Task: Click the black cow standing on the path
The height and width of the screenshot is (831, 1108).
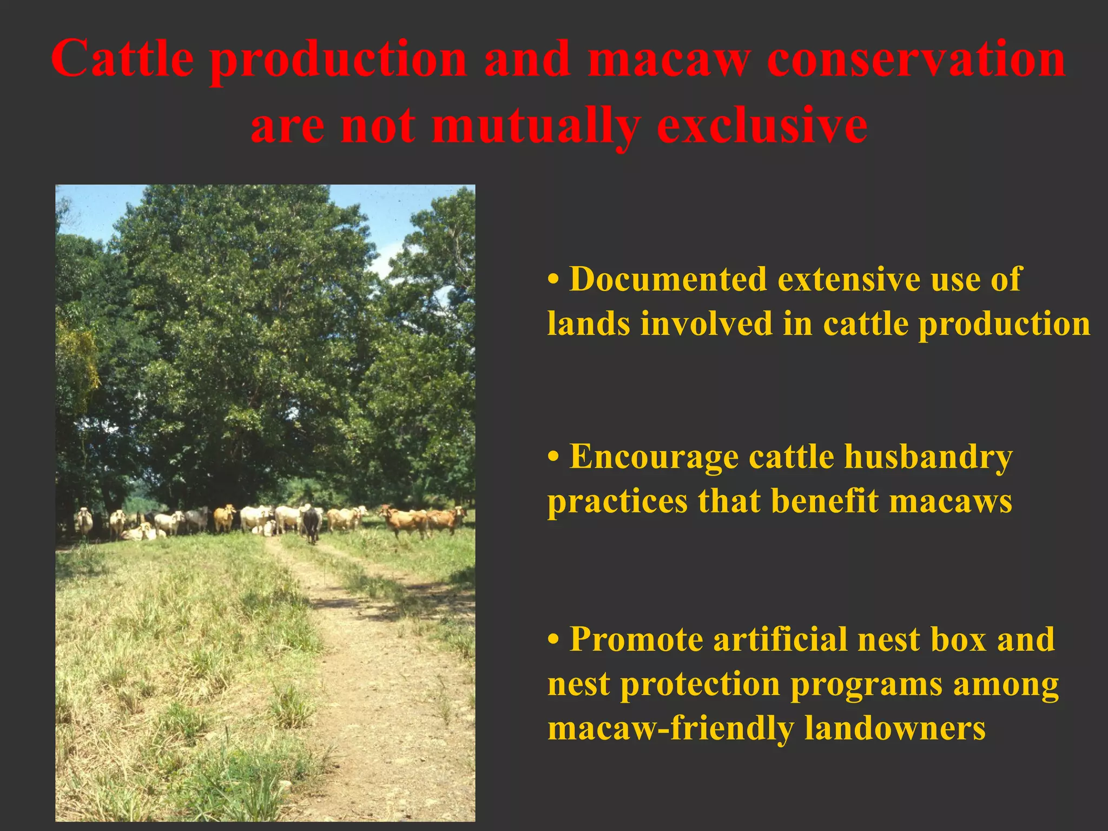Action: tap(311, 524)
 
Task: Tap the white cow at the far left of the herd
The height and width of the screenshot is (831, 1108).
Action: tap(83, 520)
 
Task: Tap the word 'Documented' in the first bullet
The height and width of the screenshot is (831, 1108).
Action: tap(668, 280)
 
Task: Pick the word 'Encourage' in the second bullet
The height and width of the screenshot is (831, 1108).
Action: tap(654, 457)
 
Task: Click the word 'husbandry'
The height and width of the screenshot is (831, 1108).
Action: tap(928, 457)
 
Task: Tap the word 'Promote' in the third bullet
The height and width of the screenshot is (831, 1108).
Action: tap(635, 640)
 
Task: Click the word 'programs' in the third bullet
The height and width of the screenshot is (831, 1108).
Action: tap(866, 685)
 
